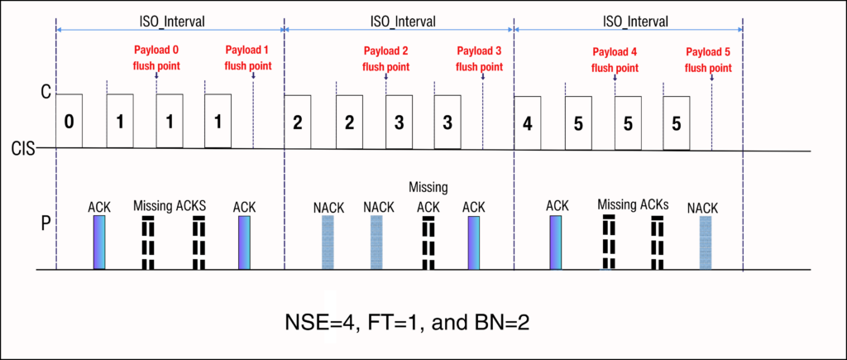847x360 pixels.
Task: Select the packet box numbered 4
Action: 527,123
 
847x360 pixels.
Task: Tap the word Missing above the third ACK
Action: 427,188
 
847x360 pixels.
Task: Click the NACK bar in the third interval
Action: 706,242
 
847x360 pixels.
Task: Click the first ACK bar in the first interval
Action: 99,242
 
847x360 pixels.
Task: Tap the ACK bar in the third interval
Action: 556,242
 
